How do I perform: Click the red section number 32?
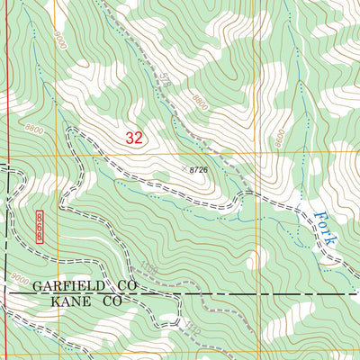tap(134, 138)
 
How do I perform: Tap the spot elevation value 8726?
tap(204, 169)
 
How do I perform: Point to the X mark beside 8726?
tap(189, 168)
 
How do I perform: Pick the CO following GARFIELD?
tap(123, 286)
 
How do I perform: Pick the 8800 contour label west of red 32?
tap(35, 130)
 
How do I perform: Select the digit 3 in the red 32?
tap(130, 138)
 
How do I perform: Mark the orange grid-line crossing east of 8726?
tap(255, 156)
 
